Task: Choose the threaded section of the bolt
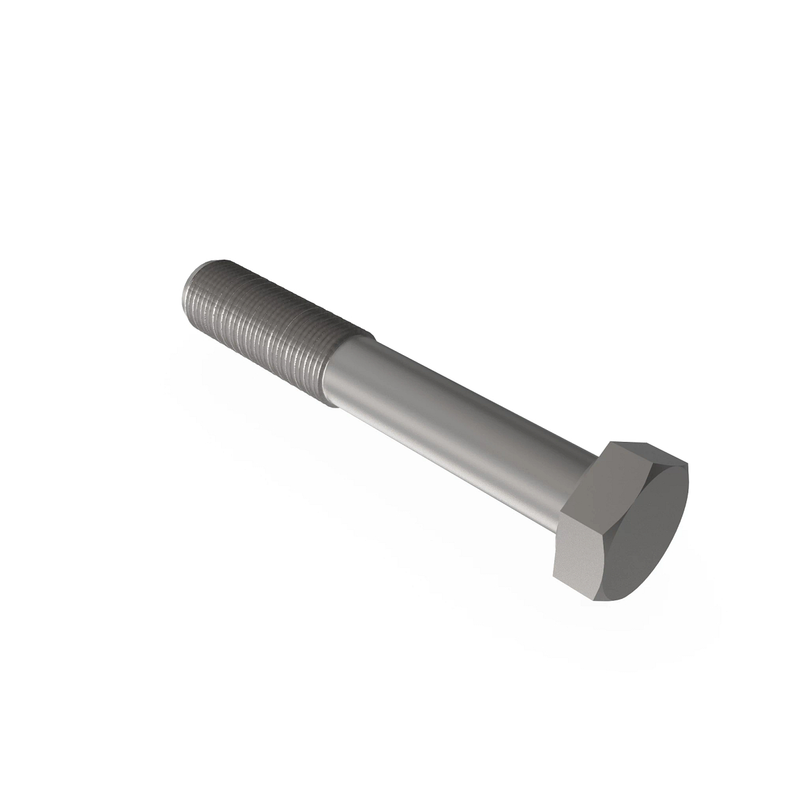click(263, 329)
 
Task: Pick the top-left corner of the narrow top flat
click(611, 442)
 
